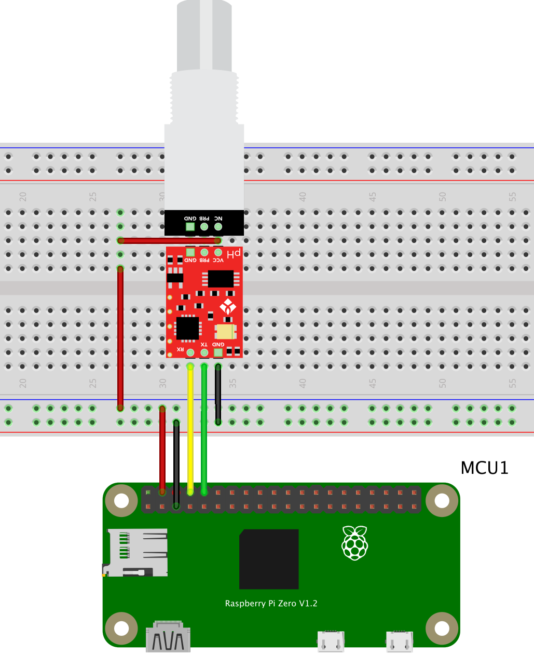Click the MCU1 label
tap(484, 468)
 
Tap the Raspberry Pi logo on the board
tap(354, 543)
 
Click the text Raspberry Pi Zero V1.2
tap(271, 603)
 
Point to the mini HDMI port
tap(168, 637)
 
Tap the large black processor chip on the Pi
tap(269, 559)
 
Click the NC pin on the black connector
tap(218, 227)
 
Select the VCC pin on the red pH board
tap(218, 253)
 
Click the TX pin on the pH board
tap(204, 353)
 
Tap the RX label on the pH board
tap(180, 349)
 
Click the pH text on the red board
tap(235, 254)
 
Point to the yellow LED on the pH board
tap(225, 331)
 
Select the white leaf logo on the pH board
tap(227, 307)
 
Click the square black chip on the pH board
tap(187, 328)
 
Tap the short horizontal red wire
tap(169, 240)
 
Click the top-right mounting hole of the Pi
tap(442, 500)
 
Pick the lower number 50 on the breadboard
tap(442, 384)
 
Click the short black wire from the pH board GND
tap(218, 394)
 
